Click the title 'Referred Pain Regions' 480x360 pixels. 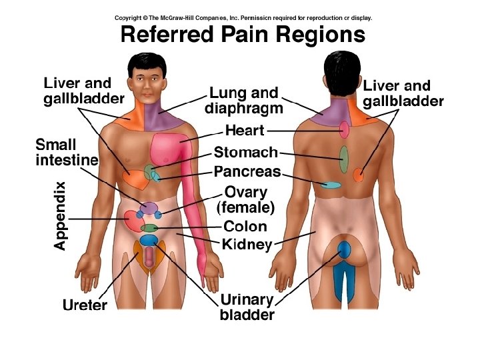(243, 34)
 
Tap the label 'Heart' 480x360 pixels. (245, 131)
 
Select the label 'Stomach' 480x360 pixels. (245, 153)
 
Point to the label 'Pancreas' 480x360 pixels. (247, 172)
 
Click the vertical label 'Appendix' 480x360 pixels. (60, 216)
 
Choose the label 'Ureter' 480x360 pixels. (85, 306)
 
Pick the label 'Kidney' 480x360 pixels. (247, 245)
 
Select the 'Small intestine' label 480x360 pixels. (66, 153)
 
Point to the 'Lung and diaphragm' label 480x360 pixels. (244, 100)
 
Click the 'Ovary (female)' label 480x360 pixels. (246, 200)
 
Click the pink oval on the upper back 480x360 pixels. (345, 128)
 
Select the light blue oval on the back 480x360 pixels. (331, 184)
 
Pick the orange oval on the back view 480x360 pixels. (359, 176)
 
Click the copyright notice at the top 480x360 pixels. (243, 18)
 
